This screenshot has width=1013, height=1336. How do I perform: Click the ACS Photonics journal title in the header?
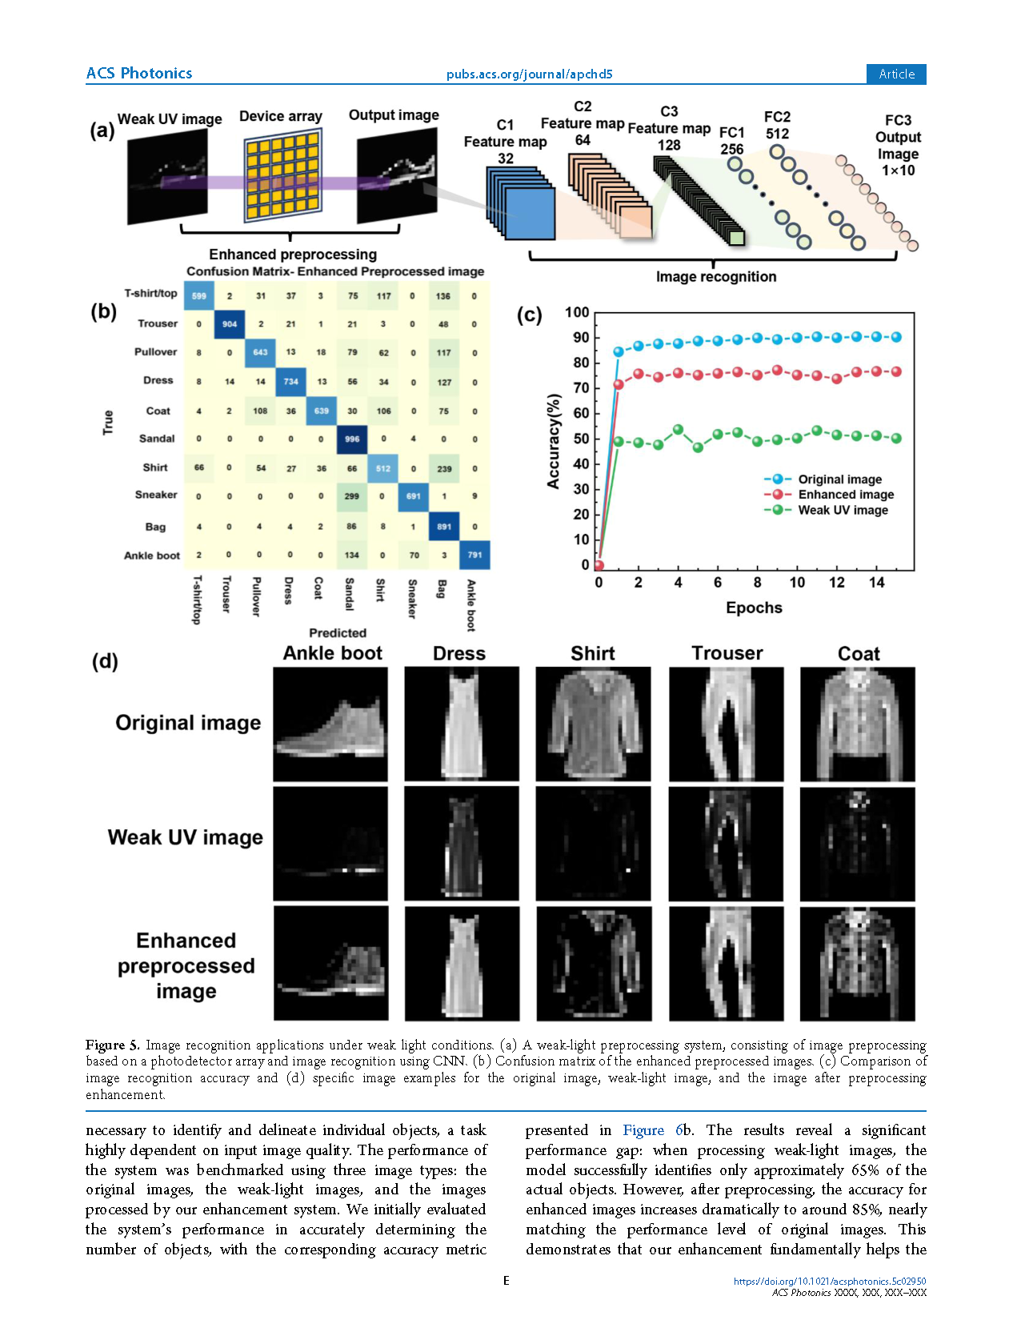(x=139, y=74)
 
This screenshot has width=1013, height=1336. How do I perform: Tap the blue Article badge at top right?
(x=896, y=74)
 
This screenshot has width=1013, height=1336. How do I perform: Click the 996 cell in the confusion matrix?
(x=352, y=439)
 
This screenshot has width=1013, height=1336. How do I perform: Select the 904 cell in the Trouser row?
(x=230, y=324)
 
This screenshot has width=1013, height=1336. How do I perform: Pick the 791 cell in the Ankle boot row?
(x=474, y=555)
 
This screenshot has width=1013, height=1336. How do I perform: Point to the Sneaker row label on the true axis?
(x=156, y=495)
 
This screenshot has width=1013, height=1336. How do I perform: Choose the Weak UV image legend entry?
(x=842, y=510)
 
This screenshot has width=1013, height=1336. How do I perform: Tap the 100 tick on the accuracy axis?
(x=577, y=313)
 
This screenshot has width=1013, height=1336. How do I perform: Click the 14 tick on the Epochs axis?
(x=876, y=583)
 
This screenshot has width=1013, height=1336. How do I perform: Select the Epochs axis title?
(x=754, y=608)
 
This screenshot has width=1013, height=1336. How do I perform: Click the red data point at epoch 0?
(x=599, y=565)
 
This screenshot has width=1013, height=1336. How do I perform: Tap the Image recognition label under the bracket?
(x=715, y=277)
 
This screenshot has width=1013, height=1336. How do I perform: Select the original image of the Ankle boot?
(x=330, y=724)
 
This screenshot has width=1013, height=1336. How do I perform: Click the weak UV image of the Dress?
(x=461, y=844)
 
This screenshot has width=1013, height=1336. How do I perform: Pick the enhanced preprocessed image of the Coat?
(x=857, y=963)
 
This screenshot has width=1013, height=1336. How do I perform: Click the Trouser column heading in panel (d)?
(x=727, y=653)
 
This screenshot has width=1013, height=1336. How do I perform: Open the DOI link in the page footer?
(x=830, y=1282)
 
